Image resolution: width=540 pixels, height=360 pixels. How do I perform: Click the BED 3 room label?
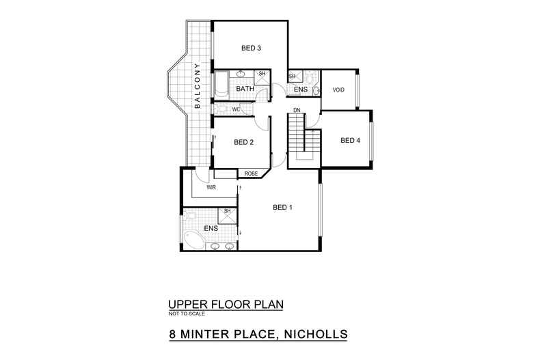tap(251, 49)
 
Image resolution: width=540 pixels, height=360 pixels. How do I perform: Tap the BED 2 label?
tap(244, 143)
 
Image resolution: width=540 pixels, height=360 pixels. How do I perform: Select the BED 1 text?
tap(282, 208)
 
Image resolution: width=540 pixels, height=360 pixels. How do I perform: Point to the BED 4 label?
tap(350, 141)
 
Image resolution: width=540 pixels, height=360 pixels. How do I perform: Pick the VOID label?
tap(338, 90)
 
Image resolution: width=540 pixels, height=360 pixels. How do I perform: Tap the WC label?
tap(235, 109)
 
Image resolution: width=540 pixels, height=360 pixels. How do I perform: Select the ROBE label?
tap(251, 174)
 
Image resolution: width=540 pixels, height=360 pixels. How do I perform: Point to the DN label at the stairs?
tap(297, 110)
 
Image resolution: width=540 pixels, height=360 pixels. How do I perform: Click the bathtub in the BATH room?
tap(222, 85)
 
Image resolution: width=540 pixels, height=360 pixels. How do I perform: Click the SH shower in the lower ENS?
tap(227, 216)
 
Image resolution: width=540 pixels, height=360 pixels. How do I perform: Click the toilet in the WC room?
tap(220, 109)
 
